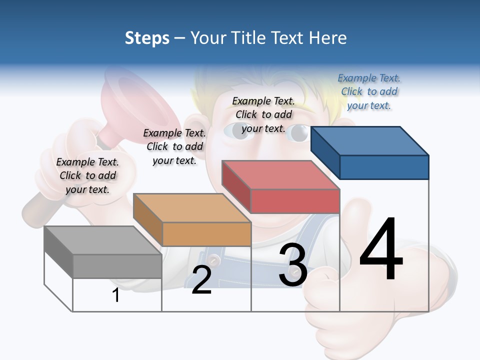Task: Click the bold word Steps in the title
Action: pyautogui.click(x=147, y=38)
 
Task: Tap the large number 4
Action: pyautogui.click(x=381, y=249)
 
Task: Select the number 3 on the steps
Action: pyautogui.click(x=293, y=265)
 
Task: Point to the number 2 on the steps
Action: pyautogui.click(x=201, y=280)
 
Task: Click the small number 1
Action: pyautogui.click(x=116, y=295)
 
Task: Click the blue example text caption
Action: pyautogui.click(x=369, y=91)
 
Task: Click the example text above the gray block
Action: pyautogui.click(x=87, y=175)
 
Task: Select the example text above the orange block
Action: pyautogui.click(x=174, y=146)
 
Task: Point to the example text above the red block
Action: pyautogui.click(x=263, y=114)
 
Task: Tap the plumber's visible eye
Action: pyautogui.click(x=300, y=132)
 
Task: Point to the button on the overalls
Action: pyautogui.click(x=214, y=260)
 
